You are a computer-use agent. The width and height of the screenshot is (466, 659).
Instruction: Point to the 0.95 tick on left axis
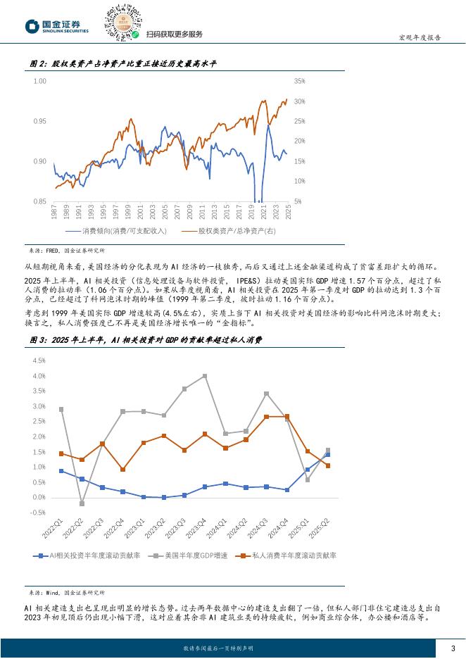pos(39,121)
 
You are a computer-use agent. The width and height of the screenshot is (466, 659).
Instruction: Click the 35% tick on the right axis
pos(298,81)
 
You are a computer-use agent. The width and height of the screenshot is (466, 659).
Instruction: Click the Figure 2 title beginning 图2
pos(123,64)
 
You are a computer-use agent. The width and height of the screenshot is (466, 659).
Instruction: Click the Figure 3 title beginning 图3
pos(146,340)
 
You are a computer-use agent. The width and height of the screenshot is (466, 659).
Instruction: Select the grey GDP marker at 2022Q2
pos(82,503)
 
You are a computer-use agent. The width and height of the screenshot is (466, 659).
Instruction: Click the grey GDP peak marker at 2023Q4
pos(205,376)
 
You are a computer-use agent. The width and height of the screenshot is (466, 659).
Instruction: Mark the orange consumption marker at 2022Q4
pos(123,470)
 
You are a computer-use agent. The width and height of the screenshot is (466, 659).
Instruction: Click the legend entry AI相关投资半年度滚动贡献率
pos(92,556)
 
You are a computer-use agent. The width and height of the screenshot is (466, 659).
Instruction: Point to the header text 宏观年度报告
pos(421,38)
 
